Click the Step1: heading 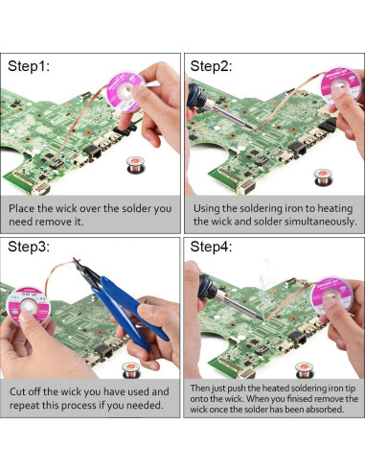(x=29, y=66)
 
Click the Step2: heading (x=211, y=66)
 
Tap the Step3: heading (x=29, y=247)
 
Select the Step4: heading (x=211, y=247)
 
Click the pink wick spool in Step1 (x=125, y=92)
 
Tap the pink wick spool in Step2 (x=340, y=84)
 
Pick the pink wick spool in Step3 (x=28, y=306)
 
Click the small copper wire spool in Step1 (x=135, y=164)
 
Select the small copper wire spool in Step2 (x=323, y=177)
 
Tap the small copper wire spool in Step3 (x=131, y=370)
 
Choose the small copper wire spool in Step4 (x=304, y=370)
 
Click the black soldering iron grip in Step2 (x=197, y=95)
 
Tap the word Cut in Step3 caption (x=17, y=391)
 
